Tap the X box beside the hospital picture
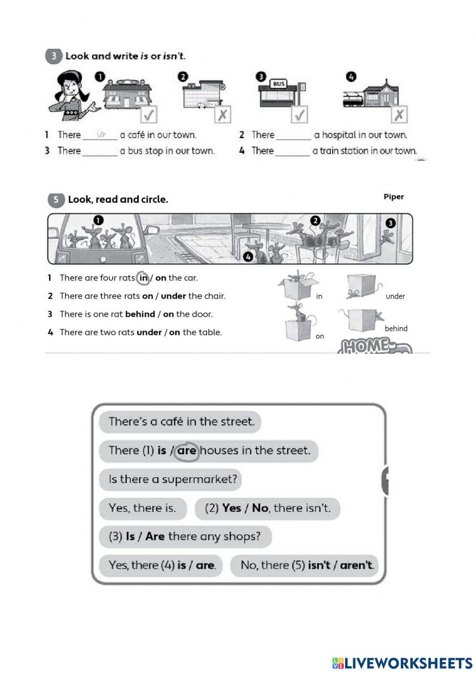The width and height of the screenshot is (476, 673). [222, 115]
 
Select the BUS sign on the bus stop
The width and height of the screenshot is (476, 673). [278, 84]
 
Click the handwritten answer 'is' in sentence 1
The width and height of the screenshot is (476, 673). [100, 134]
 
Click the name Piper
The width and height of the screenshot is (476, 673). [394, 197]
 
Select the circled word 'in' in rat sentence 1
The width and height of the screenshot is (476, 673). [143, 278]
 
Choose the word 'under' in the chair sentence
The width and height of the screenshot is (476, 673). [173, 296]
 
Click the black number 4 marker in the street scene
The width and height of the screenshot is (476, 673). [248, 257]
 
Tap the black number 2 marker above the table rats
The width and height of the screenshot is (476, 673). [315, 221]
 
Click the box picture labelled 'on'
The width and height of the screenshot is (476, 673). [297, 321]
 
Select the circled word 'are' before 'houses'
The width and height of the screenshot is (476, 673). [187, 451]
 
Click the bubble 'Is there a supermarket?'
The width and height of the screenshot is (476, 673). [170, 479]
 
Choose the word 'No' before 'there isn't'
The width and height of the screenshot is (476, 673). [260, 508]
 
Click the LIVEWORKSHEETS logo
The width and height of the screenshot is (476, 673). [402, 663]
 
